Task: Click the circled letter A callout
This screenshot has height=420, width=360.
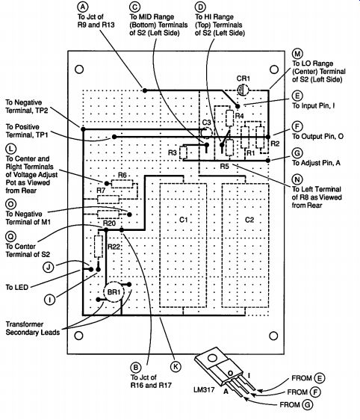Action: coord(83,7)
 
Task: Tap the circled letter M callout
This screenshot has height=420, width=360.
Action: coord(297,54)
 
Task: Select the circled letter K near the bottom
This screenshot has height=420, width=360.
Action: coord(176,366)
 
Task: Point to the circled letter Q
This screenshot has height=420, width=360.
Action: coord(10,236)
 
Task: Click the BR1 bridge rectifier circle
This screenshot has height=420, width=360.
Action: coord(114,292)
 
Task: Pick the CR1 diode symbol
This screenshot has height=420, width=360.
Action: coord(243,90)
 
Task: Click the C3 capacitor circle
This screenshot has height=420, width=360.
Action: coord(207,132)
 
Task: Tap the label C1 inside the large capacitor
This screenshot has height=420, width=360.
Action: coord(183,220)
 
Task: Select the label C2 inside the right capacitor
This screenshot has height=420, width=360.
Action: coord(249,220)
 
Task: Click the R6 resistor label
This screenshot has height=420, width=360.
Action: coord(122,175)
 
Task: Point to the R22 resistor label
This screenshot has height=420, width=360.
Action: coord(114,247)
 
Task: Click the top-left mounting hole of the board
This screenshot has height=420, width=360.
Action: coord(79,70)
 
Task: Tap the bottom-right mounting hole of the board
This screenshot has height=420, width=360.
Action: coord(273,336)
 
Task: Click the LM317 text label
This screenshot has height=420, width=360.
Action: coord(204,389)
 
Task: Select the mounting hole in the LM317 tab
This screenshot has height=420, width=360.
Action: coord(212,358)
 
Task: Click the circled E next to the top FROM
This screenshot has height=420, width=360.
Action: coord(320,378)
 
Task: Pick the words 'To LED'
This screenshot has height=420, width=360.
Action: coord(17,287)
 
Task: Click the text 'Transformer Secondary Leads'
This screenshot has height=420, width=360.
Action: coord(33,328)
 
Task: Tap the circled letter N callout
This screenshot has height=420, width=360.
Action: coord(297,179)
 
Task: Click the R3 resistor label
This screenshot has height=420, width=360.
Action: coord(173,152)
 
